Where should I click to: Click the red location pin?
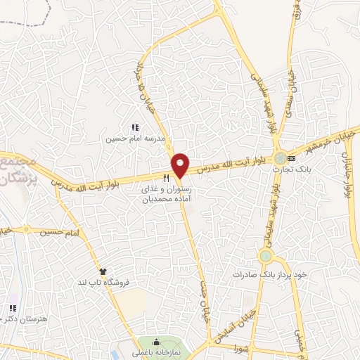(x=181, y=165)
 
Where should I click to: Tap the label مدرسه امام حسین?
(x=135, y=139)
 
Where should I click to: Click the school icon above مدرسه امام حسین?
(x=135, y=127)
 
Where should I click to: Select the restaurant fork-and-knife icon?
(x=166, y=179)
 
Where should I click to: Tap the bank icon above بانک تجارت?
(x=292, y=158)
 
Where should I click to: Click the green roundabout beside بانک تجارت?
(x=281, y=158)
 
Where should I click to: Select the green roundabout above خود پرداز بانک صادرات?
(x=266, y=256)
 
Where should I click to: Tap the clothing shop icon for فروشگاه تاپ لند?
(x=104, y=271)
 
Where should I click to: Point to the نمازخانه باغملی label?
(x=157, y=354)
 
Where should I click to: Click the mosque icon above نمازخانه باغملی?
(x=157, y=342)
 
